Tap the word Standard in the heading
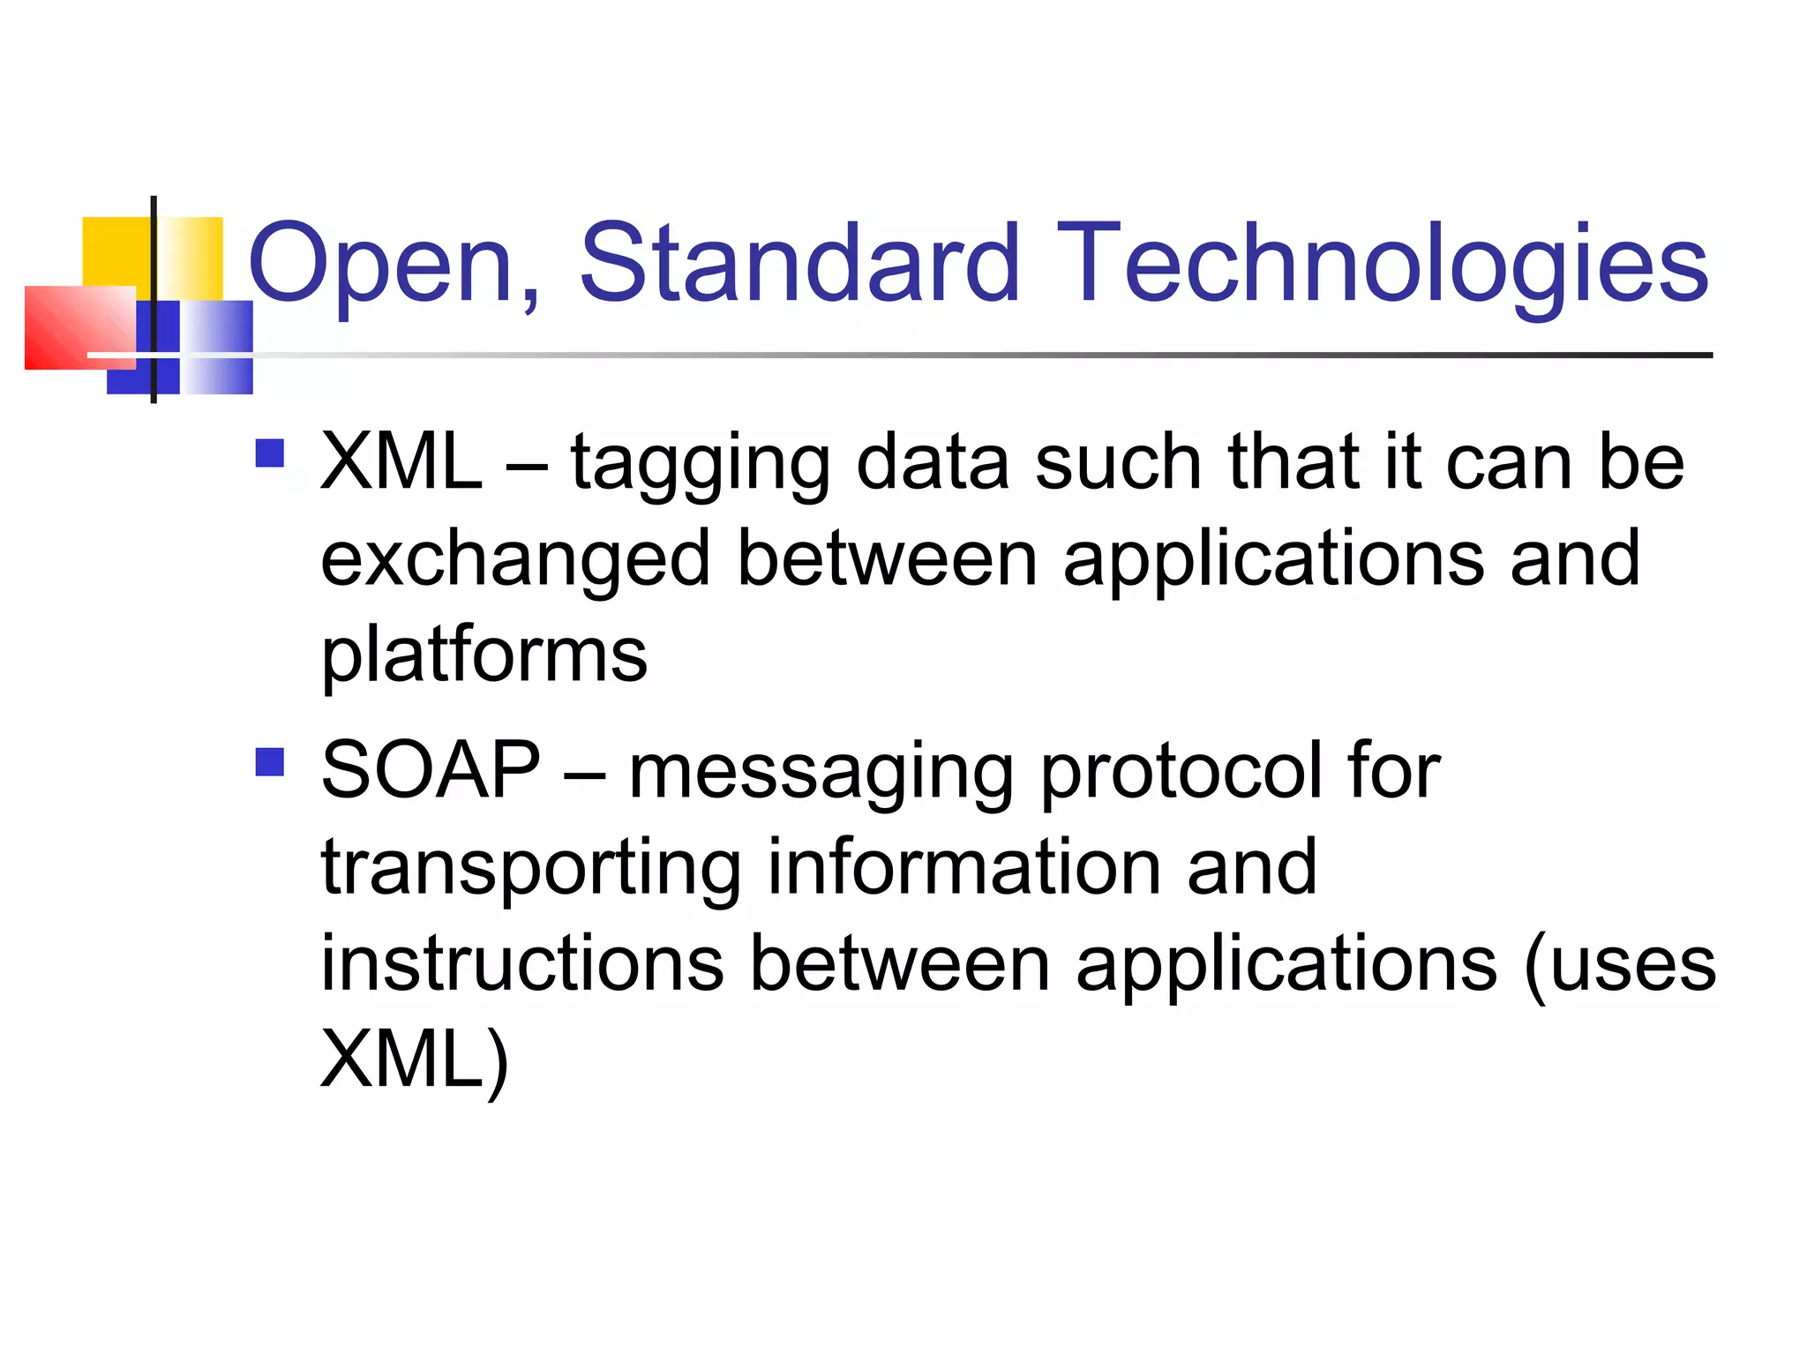799,263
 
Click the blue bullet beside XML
269,453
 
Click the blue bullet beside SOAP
269,761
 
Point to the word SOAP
431,770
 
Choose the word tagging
701,465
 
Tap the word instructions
522,963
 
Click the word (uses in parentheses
1620,965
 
